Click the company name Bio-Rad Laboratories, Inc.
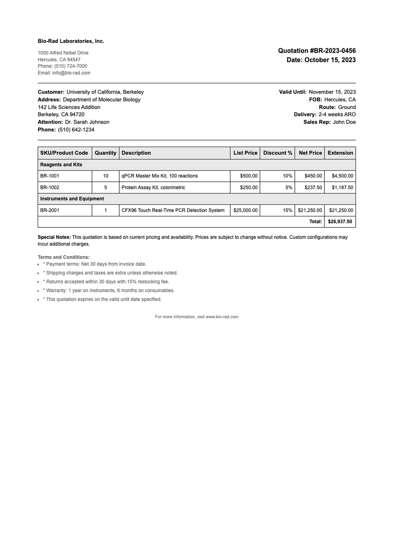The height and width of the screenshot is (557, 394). (x=71, y=41)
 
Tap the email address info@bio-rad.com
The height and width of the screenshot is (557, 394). (x=71, y=73)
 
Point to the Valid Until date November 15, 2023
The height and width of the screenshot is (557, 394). (x=332, y=92)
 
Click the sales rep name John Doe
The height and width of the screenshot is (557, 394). (x=344, y=122)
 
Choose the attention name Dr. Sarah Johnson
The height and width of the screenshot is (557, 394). (x=87, y=122)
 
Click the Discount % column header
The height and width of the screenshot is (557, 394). (x=277, y=153)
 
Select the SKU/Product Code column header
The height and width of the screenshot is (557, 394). (x=64, y=153)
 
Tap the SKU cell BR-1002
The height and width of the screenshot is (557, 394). (x=50, y=187)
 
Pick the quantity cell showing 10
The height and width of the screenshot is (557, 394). (x=105, y=176)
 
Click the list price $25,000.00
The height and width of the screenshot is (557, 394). (x=245, y=210)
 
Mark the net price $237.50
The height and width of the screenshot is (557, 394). (x=313, y=187)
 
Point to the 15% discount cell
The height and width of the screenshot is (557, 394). (x=287, y=210)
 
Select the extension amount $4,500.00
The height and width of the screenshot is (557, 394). (x=342, y=176)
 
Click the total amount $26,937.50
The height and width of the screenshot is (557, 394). (x=340, y=222)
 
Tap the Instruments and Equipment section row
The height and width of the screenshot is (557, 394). (x=72, y=199)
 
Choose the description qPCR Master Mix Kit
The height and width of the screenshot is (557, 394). (x=160, y=176)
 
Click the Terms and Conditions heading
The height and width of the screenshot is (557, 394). (x=64, y=257)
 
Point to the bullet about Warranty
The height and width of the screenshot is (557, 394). (x=110, y=290)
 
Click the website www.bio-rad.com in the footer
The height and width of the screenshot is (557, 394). (x=222, y=317)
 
